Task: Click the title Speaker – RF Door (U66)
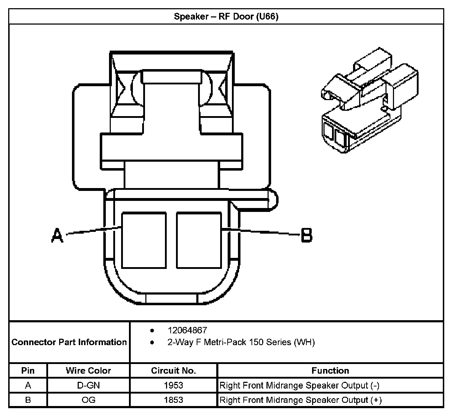tap(226, 17)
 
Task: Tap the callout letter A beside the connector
tap(57, 235)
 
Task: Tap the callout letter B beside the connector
tap(307, 235)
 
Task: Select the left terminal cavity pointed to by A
tap(144, 240)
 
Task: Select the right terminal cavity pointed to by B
tap(199, 240)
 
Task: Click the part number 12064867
tap(187, 330)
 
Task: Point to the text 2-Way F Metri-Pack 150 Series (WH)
tap(241, 342)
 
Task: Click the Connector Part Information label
tap(69, 342)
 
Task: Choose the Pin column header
tap(28, 371)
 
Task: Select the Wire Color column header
tap(88, 371)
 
